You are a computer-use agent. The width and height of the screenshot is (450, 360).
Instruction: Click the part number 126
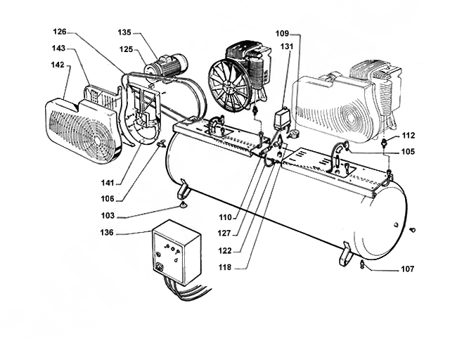click(x=60, y=32)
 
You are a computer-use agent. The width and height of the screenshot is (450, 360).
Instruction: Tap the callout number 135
click(x=124, y=32)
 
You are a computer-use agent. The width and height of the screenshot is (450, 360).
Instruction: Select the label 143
click(x=58, y=48)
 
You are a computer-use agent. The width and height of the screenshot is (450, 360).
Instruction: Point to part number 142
click(x=58, y=65)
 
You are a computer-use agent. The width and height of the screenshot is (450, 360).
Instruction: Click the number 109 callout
click(x=282, y=34)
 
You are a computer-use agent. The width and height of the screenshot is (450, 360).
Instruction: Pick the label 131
click(x=287, y=46)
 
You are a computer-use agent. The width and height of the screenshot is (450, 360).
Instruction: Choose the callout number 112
click(x=409, y=135)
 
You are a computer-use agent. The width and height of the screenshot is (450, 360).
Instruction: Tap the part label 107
click(x=408, y=269)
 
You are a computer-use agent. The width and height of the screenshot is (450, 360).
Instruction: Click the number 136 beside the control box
click(x=107, y=232)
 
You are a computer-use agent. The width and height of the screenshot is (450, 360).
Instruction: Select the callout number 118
click(x=225, y=267)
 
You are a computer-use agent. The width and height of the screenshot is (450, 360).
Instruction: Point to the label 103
click(x=108, y=216)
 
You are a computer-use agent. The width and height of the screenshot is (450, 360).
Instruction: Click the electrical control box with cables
click(x=176, y=252)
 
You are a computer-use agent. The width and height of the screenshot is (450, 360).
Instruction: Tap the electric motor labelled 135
click(x=167, y=67)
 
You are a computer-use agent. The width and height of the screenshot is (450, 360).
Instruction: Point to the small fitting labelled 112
click(x=385, y=141)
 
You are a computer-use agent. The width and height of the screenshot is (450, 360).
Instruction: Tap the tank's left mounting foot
click(x=182, y=189)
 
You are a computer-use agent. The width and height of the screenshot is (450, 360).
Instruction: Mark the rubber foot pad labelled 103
click(x=183, y=205)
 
